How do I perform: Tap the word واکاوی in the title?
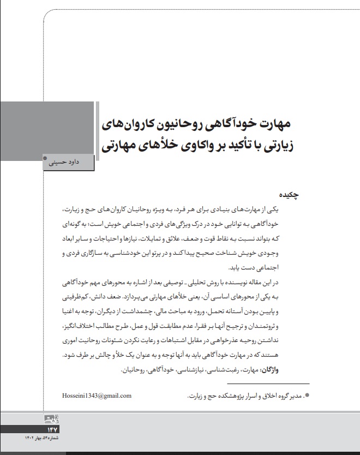point(176,146)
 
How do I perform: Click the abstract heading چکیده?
point(290,194)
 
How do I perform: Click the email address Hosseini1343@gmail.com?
point(97,396)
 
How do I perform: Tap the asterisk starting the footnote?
point(307,395)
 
